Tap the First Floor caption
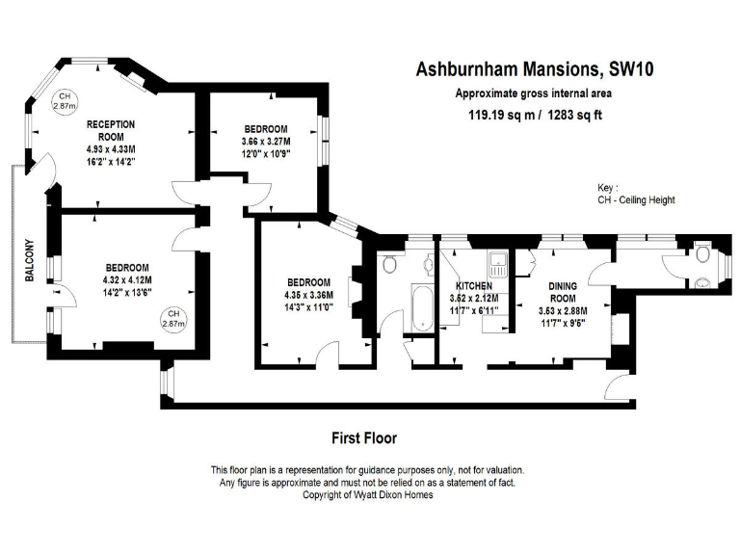click(x=364, y=437)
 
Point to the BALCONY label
click(x=30, y=260)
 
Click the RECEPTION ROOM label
click(x=111, y=131)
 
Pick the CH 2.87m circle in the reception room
click(x=64, y=101)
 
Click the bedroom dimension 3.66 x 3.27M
click(x=265, y=142)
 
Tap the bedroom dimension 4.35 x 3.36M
click(x=308, y=295)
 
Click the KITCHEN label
click(x=474, y=286)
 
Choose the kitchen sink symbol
click(x=496, y=262)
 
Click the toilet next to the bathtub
click(x=389, y=264)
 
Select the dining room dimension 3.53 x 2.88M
click(x=563, y=311)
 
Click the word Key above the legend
click(x=607, y=188)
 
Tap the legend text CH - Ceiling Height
click(x=636, y=200)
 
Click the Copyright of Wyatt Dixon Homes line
click(x=367, y=494)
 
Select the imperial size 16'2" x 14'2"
click(x=111, y=163)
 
